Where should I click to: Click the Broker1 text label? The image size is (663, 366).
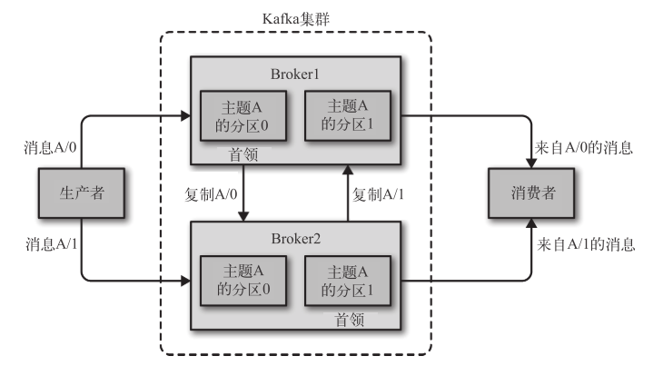point(296,74)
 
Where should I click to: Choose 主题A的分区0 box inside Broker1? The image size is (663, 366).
point(242,115)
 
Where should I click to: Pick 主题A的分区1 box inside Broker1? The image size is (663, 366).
point(349,115)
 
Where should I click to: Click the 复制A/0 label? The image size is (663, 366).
point(211,193)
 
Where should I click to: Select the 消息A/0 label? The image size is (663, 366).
point(45,146)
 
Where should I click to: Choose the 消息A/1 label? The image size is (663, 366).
point(45,243)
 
